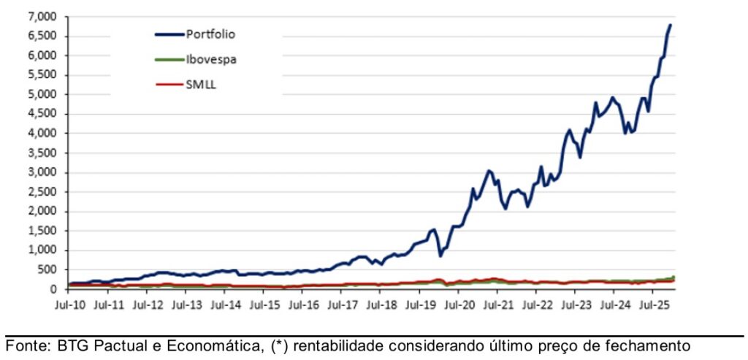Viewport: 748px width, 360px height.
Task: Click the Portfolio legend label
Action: click(211, 34)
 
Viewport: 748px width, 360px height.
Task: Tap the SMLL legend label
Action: click(202, 85)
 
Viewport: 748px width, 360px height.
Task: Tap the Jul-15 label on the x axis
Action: click(264, 303)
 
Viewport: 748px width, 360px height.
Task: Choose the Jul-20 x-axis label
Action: click(457, 303)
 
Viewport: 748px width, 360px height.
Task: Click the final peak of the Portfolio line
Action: click(671, 25)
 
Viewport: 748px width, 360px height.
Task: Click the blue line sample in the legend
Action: click(169, 34)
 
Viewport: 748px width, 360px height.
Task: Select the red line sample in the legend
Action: click(169, 85)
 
